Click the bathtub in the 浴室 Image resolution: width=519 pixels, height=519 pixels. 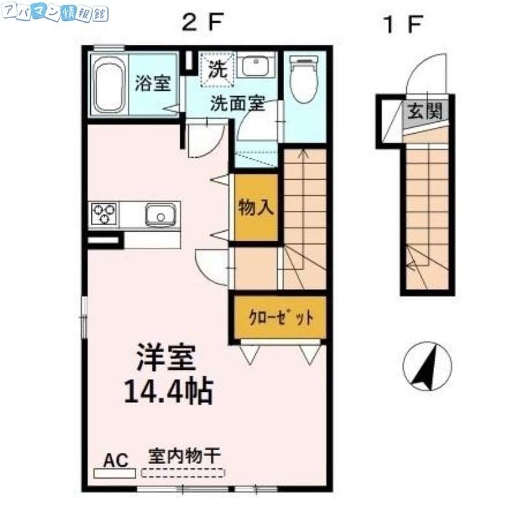point(109,84)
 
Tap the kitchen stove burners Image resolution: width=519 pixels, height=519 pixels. point(104,213)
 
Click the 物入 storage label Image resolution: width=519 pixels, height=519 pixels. point(256,207)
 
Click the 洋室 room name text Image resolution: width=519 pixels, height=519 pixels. point(166,357)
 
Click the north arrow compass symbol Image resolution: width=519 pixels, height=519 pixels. point(426,366)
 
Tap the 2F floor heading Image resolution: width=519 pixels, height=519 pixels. point(202,25)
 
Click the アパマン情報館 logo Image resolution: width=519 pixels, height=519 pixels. point(55,14)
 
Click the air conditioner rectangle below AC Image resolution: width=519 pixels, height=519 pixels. point(114,474)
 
